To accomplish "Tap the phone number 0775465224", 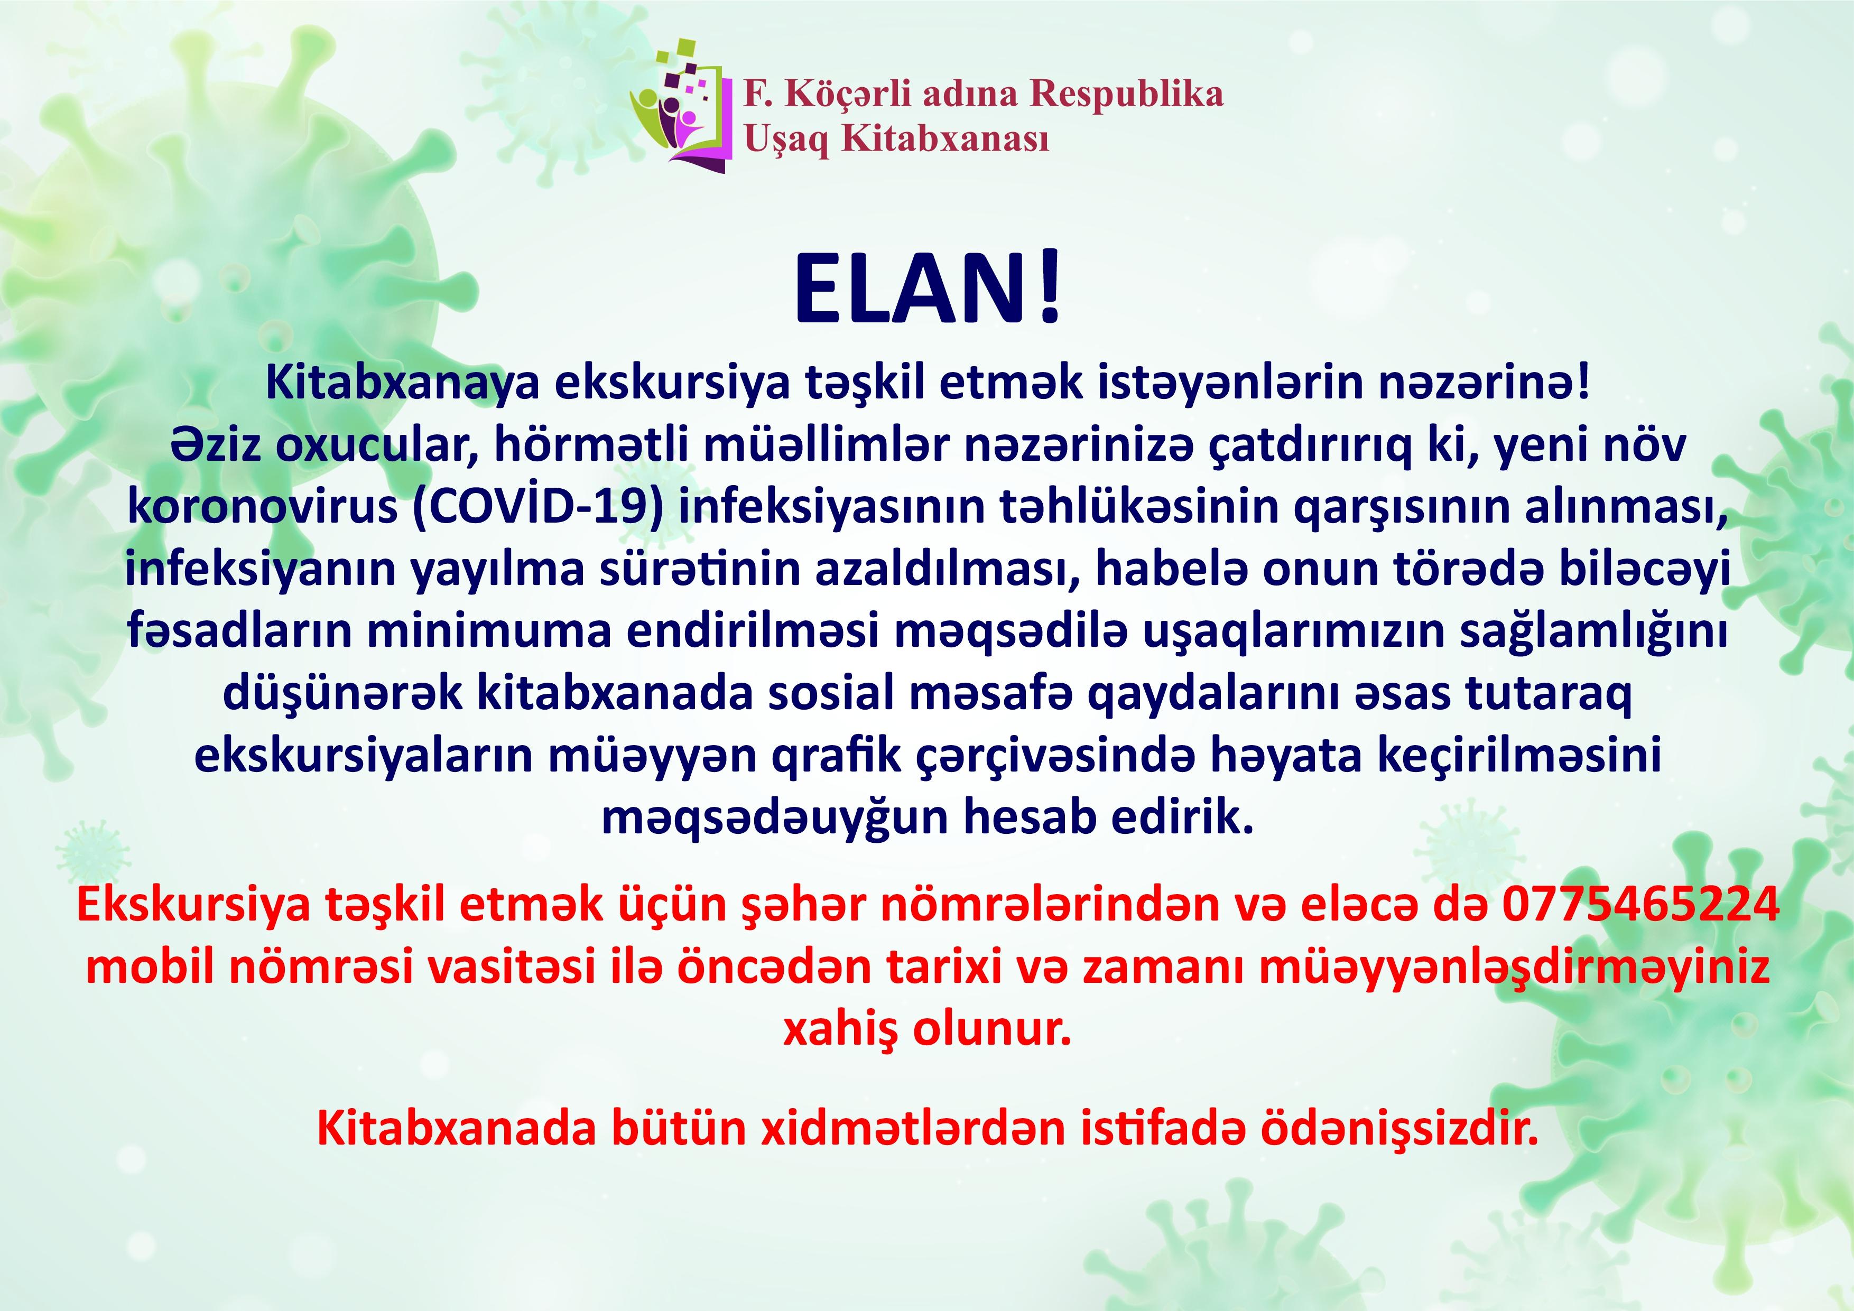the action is pyautogui.click(x=1641, y=906).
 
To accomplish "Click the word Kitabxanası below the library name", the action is pyautogui.click(x=945, y=139).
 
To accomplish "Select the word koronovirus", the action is pyautogui.click(x=263, y=507).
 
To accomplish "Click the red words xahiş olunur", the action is pyautogui.click(x=927, y=1030).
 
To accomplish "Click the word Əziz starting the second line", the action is pyautogui.click(x=216, y=445).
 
